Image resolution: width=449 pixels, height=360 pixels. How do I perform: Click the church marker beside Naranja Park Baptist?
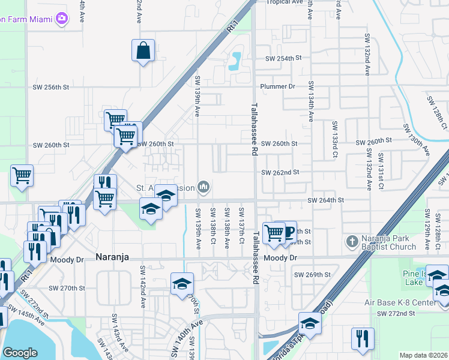(x=352, y=242)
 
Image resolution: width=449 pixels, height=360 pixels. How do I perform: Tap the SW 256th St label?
(x=52, y=87)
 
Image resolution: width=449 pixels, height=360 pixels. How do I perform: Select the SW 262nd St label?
(x=280, y=173)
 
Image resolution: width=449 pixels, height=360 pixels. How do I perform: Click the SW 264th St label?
(x=325, y=200)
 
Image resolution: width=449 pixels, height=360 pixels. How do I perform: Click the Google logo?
(x=20, y=353)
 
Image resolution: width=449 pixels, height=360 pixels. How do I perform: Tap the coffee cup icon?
(x=289, y=232)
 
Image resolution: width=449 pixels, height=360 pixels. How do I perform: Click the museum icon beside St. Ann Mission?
(x=204, y=188)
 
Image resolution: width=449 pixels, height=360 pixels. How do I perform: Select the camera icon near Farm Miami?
(x=61, y=19)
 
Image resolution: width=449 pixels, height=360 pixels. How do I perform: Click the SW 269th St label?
(x=312, y=275)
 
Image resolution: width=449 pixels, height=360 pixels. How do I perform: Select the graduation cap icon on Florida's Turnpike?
(x=310, y=323)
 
